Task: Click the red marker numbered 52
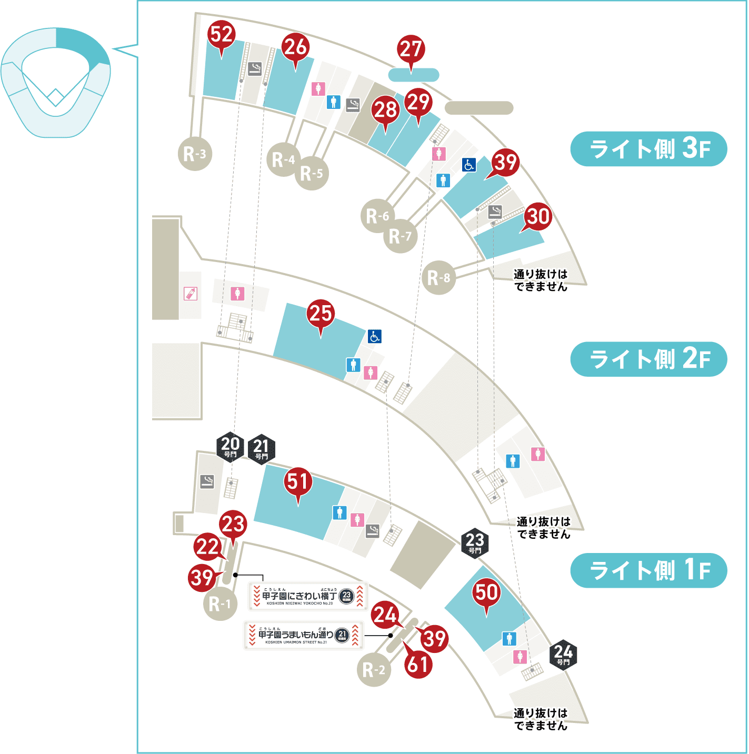[x=221, y=35]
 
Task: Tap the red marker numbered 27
[x=411, y=49]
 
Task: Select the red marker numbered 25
[x=321, y=314]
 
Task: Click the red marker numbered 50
[x=486, y=593]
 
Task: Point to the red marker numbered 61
[x=418, y=665]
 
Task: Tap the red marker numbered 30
[x=538, y=217]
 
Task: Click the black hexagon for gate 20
[x=231, y=447]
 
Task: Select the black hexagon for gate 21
[x=261, y=449]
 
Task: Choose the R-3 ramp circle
[x=195, y=154]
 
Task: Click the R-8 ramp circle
[x=438, y=277]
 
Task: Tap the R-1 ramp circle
[x=220, y=604]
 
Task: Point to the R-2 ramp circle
[x=374, y=670]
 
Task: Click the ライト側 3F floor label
[x=648, y=149]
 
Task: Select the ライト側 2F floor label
[x=648, y=359]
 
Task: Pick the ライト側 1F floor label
[x=648, y=570]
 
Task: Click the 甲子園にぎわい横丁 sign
[x=308, y=597]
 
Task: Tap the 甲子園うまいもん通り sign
[x=304, y=636]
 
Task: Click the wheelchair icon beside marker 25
[x=375, y=336]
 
